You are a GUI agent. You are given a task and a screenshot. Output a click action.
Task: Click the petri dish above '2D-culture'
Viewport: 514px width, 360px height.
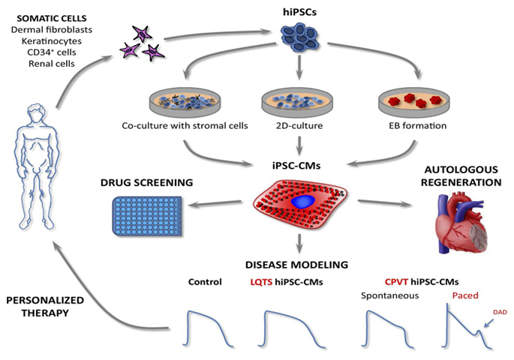click(299, 103)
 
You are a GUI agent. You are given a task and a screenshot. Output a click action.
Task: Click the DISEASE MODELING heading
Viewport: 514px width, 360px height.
click(299, 265)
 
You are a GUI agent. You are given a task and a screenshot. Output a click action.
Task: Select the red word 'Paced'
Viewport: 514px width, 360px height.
click(465, 295)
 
